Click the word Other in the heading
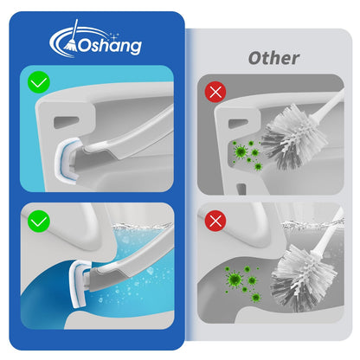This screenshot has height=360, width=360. (x=273, y=58)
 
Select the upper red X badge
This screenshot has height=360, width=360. (x=215, y=93)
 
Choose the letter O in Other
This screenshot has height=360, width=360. (x=256, y=58)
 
